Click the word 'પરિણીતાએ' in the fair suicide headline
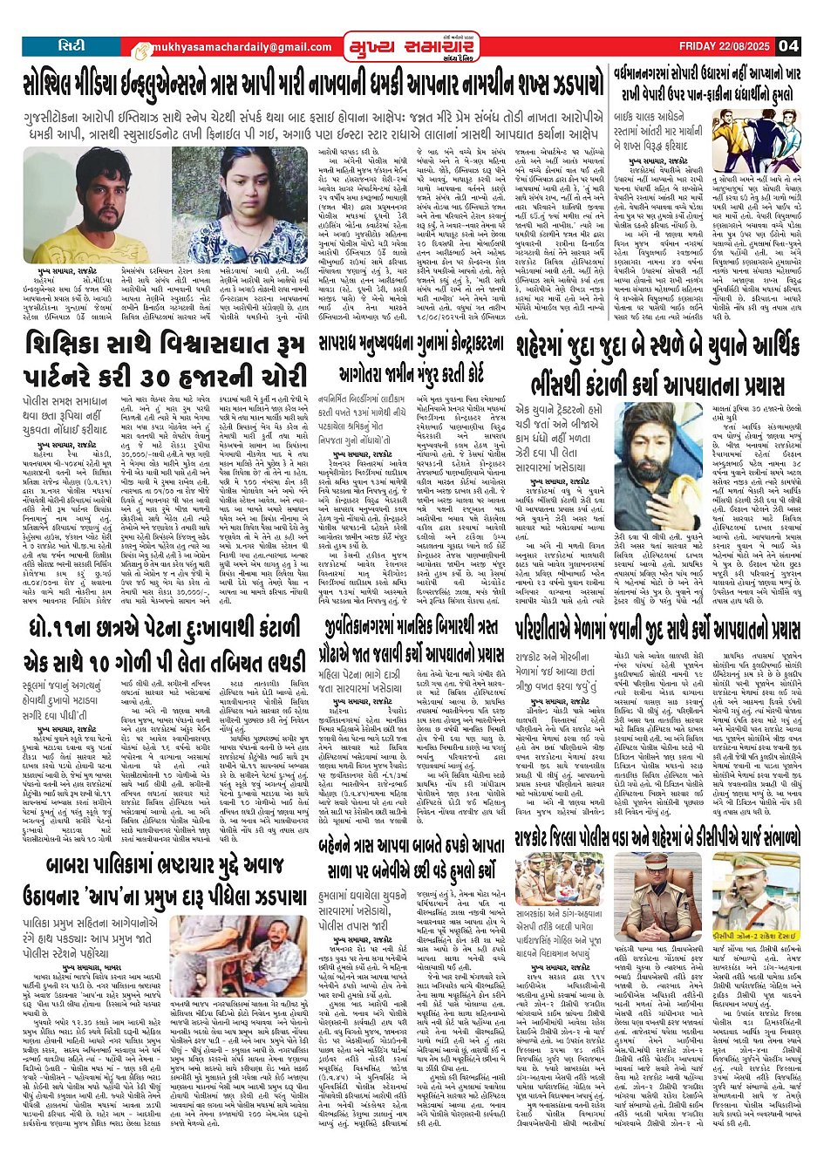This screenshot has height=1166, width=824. (558, 631)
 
